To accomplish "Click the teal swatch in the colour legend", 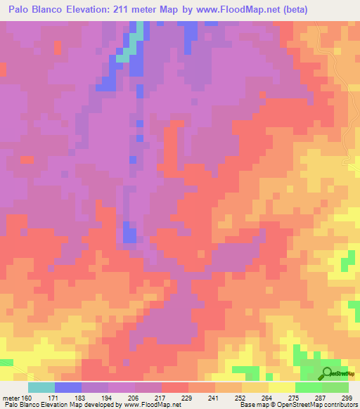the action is [41, 388].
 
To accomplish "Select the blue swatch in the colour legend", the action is [68, 388].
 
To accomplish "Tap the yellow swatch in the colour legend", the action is [282, 388].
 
